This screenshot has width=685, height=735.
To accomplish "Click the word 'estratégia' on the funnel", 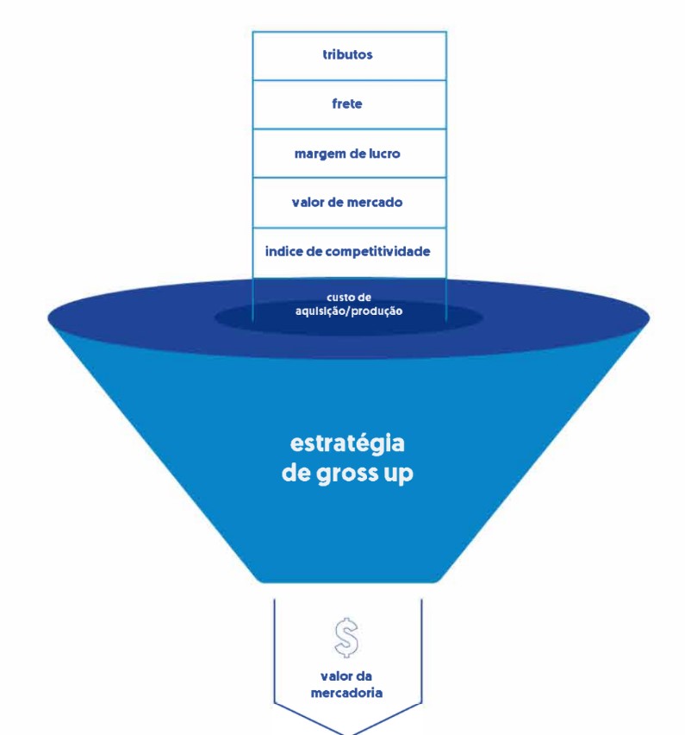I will tap(347, 444).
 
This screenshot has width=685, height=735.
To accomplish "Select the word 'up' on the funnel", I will tap(397, 476).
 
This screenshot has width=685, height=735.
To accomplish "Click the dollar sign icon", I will tap(346, 637).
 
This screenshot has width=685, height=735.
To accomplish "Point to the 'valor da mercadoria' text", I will tap(346, 683).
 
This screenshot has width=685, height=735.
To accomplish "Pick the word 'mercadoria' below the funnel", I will tap(346, 692).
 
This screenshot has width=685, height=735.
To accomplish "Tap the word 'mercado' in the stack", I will tap(372, 203).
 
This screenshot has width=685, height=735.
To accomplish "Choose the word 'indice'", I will tap(284, 251).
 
